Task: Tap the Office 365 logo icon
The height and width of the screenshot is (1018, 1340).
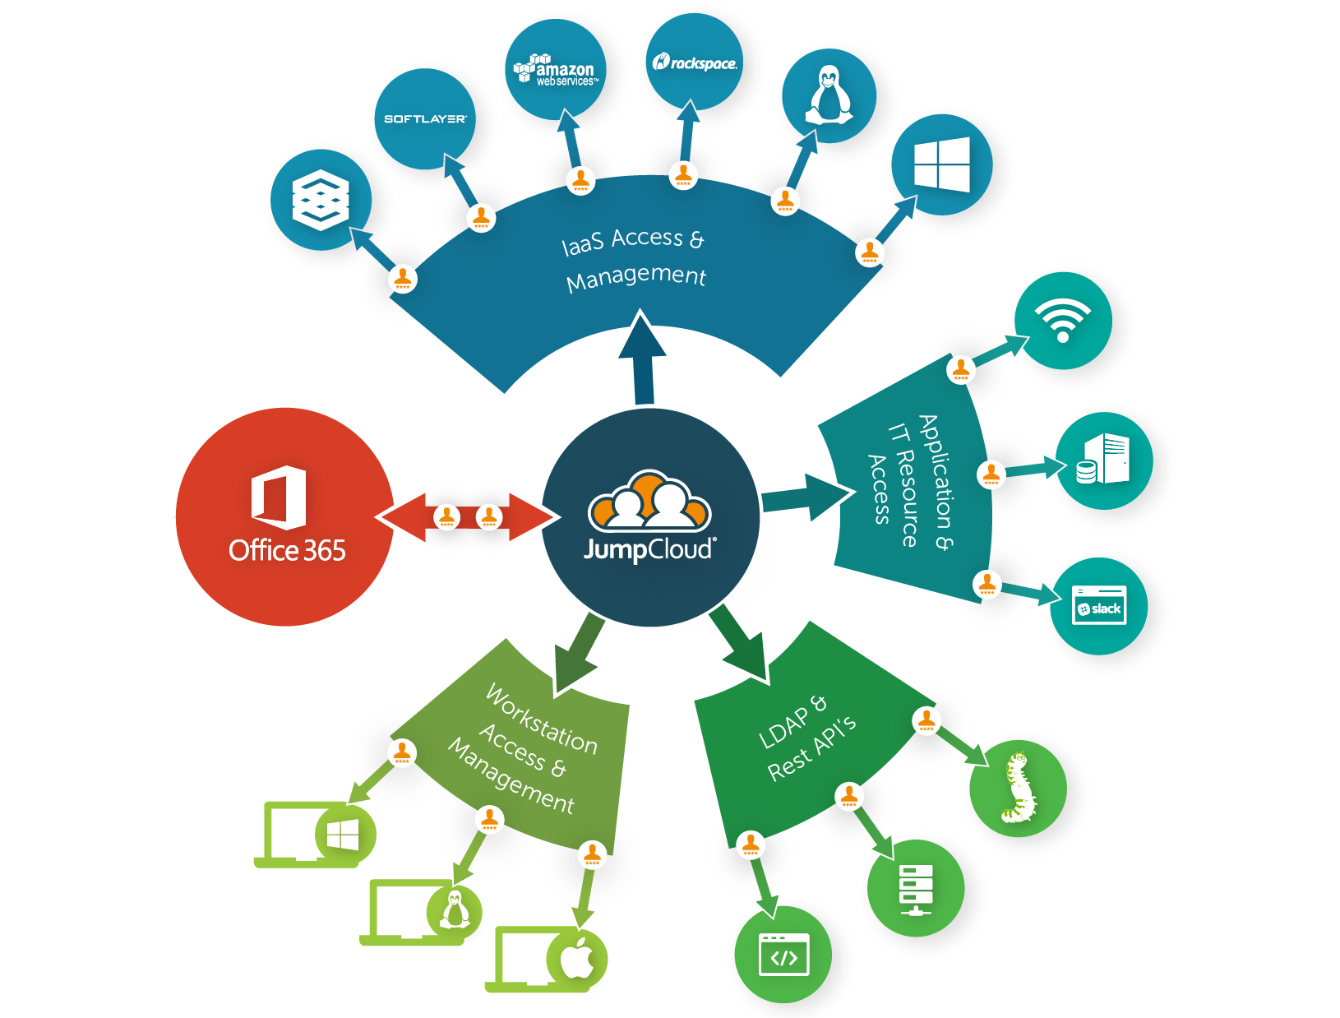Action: pyautogui.click(x=279, y=497)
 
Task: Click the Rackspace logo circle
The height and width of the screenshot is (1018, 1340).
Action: pyautogui.click(x=695, y=62)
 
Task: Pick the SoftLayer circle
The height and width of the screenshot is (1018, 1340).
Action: pyautogui.click(x=425, y=118)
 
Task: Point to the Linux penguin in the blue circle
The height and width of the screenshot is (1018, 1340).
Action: pyautogui.click(x=829, y=95)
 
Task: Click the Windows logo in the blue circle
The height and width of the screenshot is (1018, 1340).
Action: pyautogui.click(x=942, y=164)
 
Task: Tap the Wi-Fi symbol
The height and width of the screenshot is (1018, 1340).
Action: pyautogui.click(x=1062, y=320)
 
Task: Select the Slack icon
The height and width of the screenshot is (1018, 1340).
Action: pyautogui.click(x=1099, y=606)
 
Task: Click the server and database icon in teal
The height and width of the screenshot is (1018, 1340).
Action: pyautogui.click(x=1103, y=460)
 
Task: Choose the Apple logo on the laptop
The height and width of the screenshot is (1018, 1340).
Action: pyautogui.click(x=577, y=958)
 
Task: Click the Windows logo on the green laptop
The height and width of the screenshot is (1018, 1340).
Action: pyautogui.click(x=344, y=835)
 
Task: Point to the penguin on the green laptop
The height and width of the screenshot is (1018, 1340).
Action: pyautogui.click(x=455, y=910)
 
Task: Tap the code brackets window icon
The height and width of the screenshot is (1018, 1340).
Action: pyautogui.click(x=783, y=955)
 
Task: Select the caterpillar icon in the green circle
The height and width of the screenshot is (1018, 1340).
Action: pyautogui.click(x=1018, y=788)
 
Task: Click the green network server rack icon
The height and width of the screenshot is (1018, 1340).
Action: pyautogui.click(x=915, y=888)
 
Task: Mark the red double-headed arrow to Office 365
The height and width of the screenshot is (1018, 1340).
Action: pyautogui.click(x=467, y=517)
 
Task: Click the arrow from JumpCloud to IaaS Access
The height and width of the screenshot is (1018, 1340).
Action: pyautogui.click(x=643, y=357)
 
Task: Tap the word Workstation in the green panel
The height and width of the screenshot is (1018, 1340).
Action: pyautogui.click(x=541, y=720)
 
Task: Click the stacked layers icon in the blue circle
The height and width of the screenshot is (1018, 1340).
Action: pyautogui.click(x=321, y=199)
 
